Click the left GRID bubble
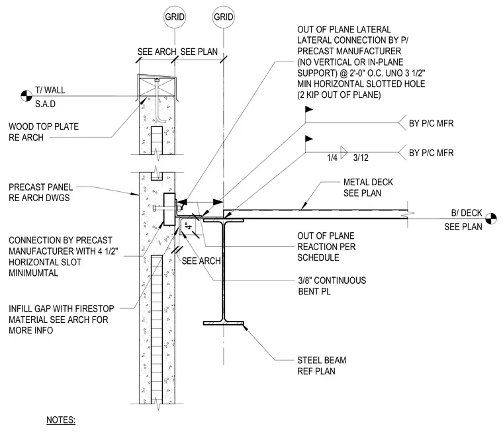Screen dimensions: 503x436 pos(175,17)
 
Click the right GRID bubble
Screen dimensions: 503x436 pos(224,17)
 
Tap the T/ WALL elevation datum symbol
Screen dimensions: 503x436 pos(26,95)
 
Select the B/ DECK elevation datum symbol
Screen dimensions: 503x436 pos(491,219)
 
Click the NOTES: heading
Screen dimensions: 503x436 pos(61,420)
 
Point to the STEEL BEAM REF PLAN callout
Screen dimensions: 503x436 pos(322,365)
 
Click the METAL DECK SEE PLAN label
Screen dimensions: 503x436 pos(368,187)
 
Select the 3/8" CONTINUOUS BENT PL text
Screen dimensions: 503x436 pos(332,286)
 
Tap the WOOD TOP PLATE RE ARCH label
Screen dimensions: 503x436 pos(44,132)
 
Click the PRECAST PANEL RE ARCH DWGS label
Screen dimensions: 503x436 pos(41,193)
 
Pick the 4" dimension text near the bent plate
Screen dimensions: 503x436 pos(189,226)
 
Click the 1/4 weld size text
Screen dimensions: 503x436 pos(332,157)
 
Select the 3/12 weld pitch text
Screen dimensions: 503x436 pos(361,157)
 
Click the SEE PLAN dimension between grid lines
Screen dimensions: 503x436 pos(199,52)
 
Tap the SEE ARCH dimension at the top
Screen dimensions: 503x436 pos(157,52)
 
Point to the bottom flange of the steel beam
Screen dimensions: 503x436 pos(224,323)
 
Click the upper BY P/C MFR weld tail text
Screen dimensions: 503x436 pos(431,124)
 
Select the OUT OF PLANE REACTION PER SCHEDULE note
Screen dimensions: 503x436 pos(326,247)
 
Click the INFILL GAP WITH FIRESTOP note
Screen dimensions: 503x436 pos(62,320)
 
